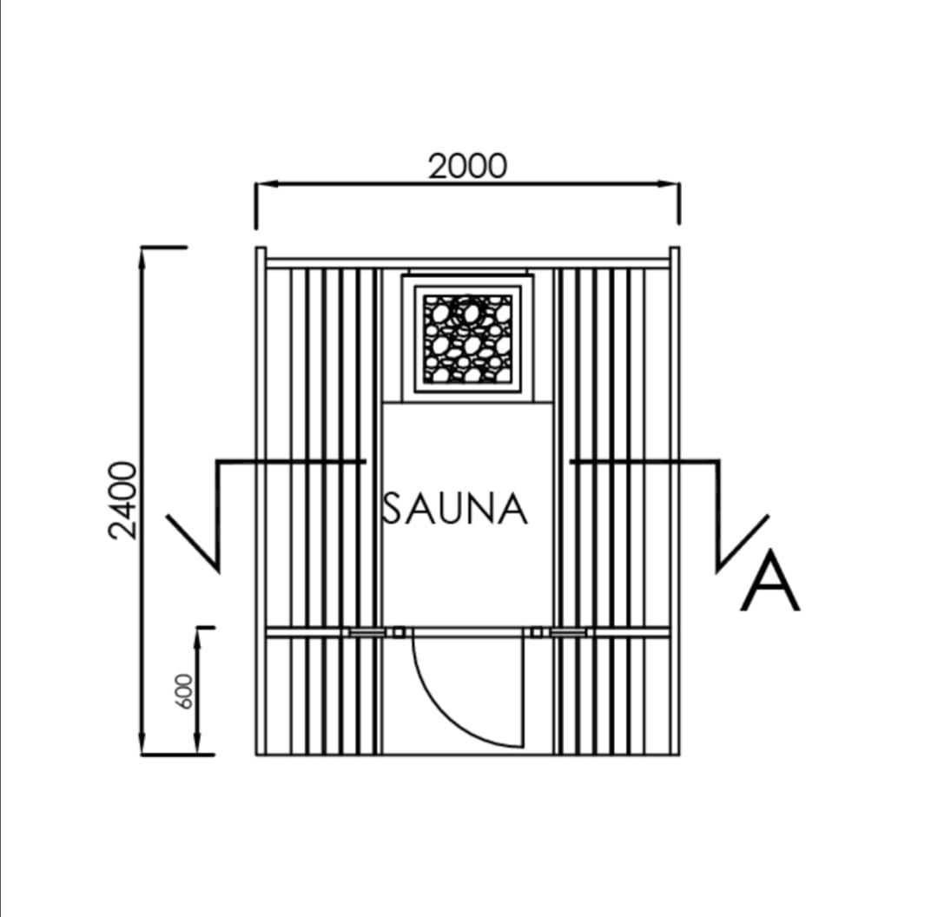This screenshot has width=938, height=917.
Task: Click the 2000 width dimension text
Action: [468, 166]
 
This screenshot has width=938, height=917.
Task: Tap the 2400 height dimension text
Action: [124, 500]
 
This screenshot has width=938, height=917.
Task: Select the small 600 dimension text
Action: [188, 691]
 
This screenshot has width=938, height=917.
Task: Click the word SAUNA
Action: [455, 509]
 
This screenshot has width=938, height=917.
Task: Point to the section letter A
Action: [770, 581]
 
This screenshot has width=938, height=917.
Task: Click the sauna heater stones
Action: [468, 339]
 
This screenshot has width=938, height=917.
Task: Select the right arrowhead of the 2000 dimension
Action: [668, 183]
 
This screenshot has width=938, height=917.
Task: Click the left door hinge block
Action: [398, 632]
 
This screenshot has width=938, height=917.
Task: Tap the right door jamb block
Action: [537, 632]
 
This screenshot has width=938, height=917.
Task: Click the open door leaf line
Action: [523, 692]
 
